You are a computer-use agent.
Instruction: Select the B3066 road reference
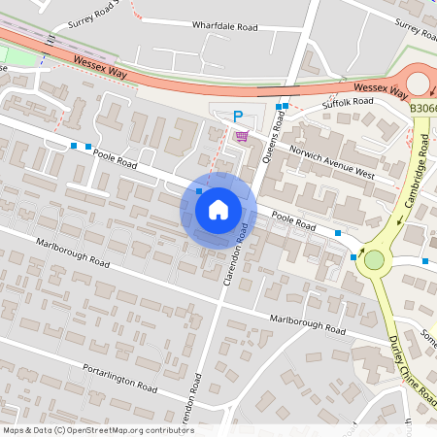pos(421,111)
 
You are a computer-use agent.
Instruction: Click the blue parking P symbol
pos(238,117)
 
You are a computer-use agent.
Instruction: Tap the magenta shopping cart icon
pos(241,135)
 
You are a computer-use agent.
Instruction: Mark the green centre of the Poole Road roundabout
pos(374,259)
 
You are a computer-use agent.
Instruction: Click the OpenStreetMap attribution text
pos(98,429)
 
